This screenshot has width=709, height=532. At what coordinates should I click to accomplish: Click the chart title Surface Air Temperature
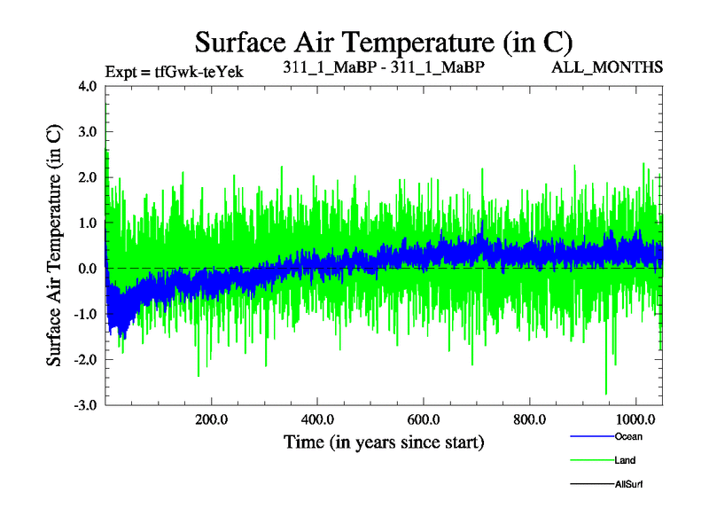[384, 42]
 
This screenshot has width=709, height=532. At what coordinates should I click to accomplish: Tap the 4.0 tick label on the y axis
[88, 87]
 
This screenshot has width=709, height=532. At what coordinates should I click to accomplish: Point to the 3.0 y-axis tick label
[88, 132]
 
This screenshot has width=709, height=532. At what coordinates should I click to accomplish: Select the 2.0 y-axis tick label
[88, 177]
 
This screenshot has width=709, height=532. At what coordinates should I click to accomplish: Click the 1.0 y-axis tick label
[88, 223]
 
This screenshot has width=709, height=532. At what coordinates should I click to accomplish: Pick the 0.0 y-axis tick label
[88, 269]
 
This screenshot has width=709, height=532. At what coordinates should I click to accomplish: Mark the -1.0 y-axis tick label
[86, 314]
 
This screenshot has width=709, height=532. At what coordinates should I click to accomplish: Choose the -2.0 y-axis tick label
[86, 359]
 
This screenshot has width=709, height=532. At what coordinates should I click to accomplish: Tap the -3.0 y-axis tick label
[86, 404]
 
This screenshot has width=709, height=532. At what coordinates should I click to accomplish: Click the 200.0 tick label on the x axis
[212, 419]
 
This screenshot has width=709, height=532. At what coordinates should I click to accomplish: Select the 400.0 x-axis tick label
[317, 419]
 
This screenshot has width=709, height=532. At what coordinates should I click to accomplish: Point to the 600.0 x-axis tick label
[424, 419]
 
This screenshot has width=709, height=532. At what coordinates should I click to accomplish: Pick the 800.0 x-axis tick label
[529, 419]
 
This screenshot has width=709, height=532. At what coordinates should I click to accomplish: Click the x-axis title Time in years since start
[384, 442]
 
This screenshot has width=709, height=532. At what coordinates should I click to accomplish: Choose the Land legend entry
[624, 460]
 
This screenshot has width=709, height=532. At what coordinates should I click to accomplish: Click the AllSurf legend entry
[627, 484]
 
